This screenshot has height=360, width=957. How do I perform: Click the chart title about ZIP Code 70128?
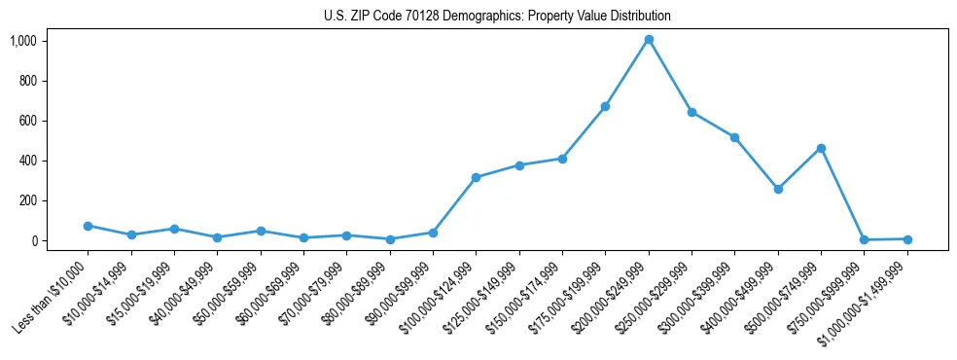(497, 17)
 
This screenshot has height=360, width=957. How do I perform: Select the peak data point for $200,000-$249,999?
(649, 40)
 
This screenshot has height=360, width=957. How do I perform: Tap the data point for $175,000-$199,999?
(605, 106)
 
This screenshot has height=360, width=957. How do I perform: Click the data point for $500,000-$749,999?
(821, 148)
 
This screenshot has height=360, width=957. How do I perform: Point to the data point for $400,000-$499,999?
(778, 189)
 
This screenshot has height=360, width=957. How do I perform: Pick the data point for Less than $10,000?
(88, 226)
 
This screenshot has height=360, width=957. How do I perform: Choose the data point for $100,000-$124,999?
(476, 177)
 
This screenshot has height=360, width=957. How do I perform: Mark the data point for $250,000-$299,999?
(691, 112)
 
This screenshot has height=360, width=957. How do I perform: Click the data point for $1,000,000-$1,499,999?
(907, 238)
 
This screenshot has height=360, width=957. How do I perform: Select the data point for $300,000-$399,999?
(734, 137)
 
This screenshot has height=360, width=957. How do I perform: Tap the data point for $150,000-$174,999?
(562, 159)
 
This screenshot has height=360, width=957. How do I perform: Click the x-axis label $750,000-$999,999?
(826, 296)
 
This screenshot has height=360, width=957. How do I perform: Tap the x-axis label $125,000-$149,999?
(480, 296)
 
